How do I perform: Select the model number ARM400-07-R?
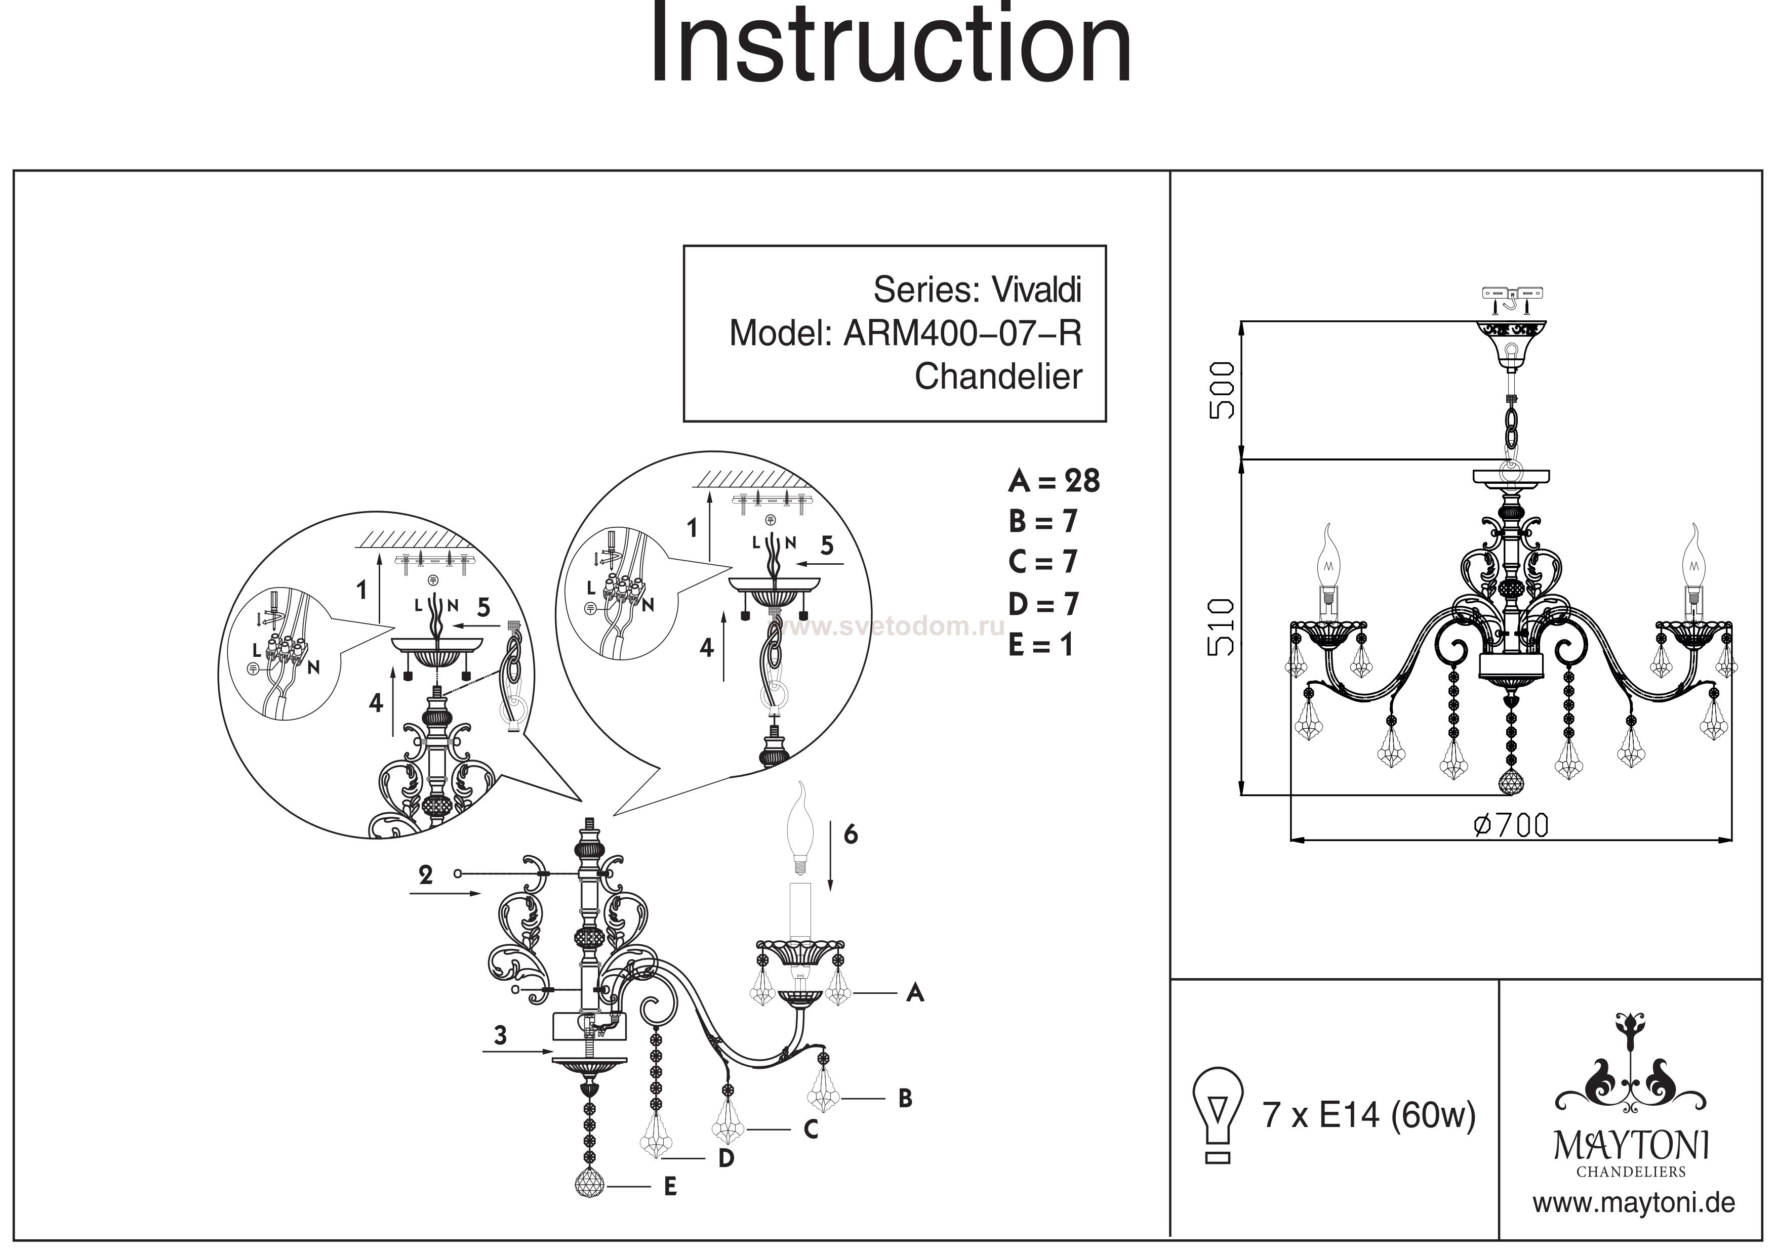[x=962, y=333]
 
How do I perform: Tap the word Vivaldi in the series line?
[x=1036, y=290]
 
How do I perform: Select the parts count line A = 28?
[x=1054, y=481]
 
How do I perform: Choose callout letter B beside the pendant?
[x=905, y=1099]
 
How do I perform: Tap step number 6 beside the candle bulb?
[x=851, y=834]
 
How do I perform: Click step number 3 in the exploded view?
[x=501, y=1035]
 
